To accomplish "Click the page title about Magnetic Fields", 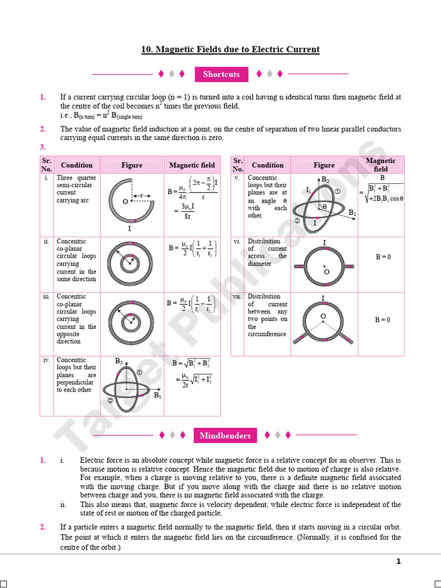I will [230, 49].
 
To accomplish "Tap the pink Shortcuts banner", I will [221, 74].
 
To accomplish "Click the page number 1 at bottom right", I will [399, 562].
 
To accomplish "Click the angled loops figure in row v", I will [324, 204].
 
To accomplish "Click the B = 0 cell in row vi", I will [383, 257].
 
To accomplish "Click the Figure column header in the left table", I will [131, 165].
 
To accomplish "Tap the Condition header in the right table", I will [268, 165].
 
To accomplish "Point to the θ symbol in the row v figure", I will [324, 207].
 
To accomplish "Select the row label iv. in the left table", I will [46, 360].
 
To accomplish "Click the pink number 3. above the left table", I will [43, 147].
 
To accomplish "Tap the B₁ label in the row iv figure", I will [157, 396].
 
